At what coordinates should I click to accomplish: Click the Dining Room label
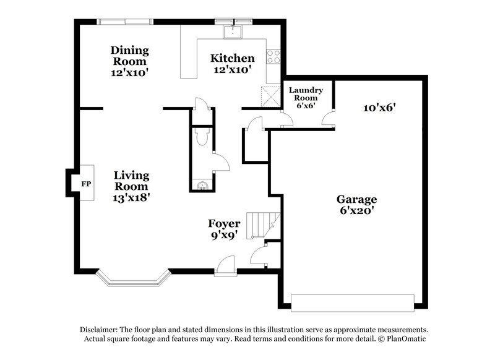pos(129,56)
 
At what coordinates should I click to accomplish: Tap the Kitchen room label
pos(232,58)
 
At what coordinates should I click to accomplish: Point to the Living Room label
pos(131,180)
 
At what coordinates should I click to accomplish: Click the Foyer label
pos(224,223)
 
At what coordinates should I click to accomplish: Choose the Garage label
pos(356,200)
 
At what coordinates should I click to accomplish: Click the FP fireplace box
pos(85,183)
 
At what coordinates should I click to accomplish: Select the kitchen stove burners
pos(273,57)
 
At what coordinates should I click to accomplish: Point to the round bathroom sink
pos(200,184)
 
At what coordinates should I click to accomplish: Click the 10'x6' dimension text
pos(379,108)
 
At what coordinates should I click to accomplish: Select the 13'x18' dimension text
pos(131,197)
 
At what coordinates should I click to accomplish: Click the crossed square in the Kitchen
pos(270,96)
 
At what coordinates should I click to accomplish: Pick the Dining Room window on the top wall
pos(124,22)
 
